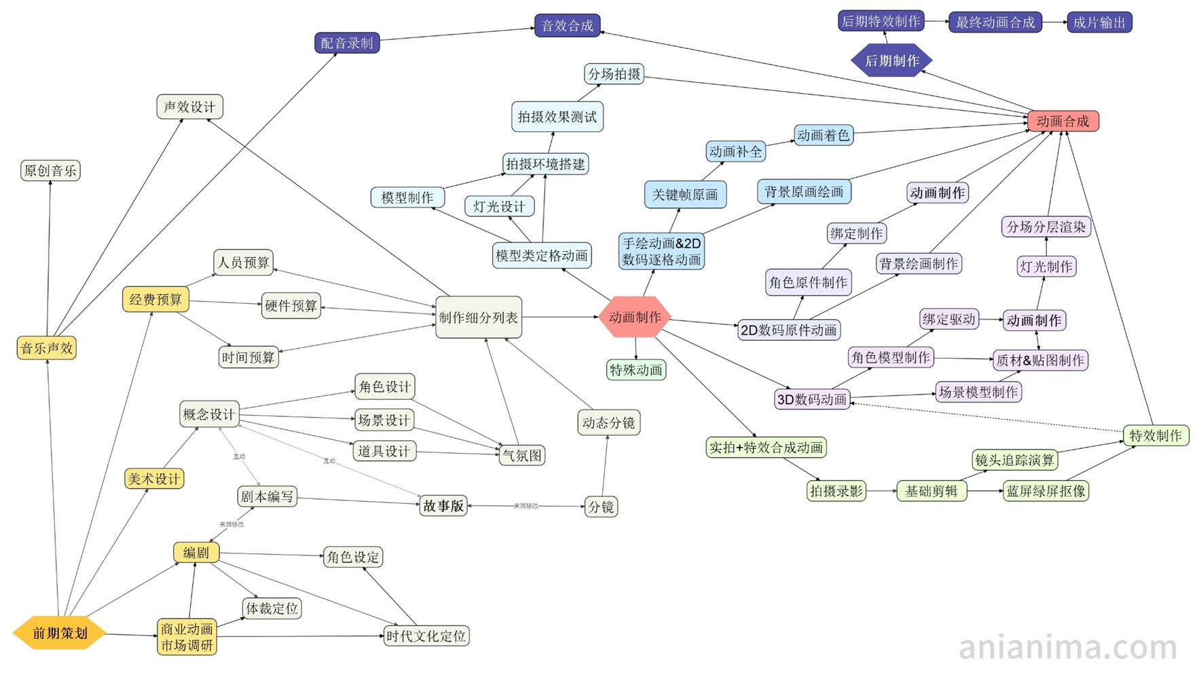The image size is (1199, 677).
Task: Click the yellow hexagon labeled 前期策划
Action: click(60, 633)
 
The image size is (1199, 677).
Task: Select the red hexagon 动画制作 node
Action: click(635, 316)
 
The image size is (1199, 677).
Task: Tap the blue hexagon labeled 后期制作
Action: click(891, 60)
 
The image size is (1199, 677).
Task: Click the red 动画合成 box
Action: click(1063, 121)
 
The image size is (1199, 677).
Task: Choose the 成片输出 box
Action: click(1099, 22)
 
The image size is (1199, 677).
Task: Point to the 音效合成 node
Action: click(567, 26)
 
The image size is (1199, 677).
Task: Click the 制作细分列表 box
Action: click(478, 317)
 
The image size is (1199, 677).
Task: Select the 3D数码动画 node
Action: click(812, 399)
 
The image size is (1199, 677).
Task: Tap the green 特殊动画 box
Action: click(635, 370)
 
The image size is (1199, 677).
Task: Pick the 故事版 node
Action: click(443, 506)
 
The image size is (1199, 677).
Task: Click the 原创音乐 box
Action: click(50, 170)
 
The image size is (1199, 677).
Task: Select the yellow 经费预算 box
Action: click(155, 299)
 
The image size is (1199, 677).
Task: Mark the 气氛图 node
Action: click(521, 456)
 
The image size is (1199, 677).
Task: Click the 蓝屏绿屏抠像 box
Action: click(1046, 491)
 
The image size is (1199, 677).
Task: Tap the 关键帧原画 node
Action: click(684, 195)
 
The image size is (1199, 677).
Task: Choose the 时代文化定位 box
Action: click(426, 636)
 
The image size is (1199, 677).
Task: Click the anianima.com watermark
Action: click(1067, 647)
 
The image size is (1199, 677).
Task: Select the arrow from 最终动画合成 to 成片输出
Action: click(1054, 22)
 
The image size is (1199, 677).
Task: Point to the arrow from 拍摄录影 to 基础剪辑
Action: click(881, 491)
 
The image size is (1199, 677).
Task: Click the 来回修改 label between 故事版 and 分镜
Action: click(525, 506)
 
